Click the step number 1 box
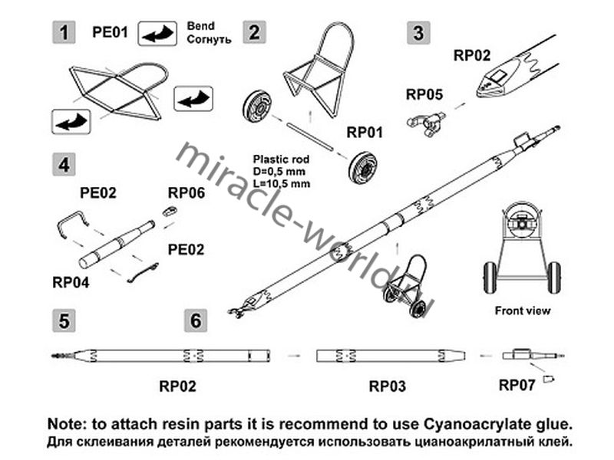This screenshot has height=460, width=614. (x=66, y=33)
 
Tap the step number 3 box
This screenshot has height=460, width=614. (x=418, y=33)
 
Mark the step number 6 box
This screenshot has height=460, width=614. (x=196, y=320)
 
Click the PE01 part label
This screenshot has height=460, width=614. (x=108, y=33)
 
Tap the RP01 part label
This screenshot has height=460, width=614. (x=365, y=132)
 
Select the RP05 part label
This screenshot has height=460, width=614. (x=424, y=95)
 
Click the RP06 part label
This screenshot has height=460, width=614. (x=187, y=192)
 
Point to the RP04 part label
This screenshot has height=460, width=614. (x=71, y=281)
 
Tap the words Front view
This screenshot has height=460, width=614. (x=523, y=310)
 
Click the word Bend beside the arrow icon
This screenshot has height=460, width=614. (x=201, y=26)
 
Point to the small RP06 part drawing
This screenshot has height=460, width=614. (x=169, y=211)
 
